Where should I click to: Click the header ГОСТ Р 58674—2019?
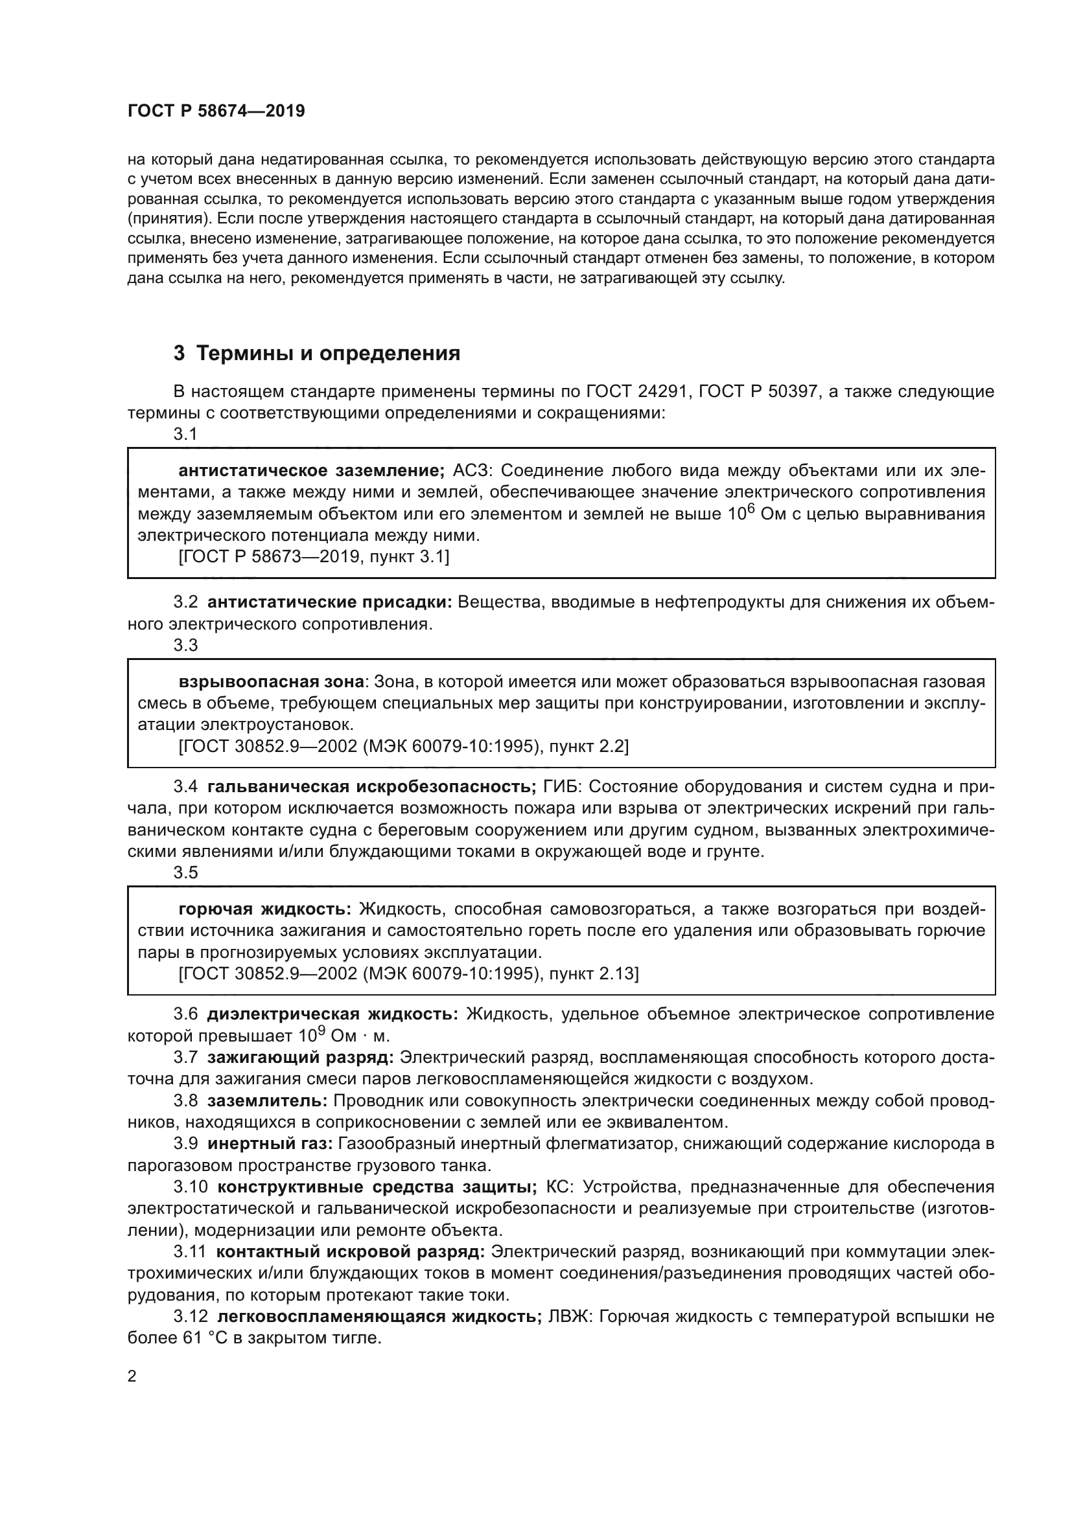(x=216, y=111)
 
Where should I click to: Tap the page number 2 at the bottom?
(x=132, y=1376)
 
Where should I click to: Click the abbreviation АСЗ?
(x=473, y=470)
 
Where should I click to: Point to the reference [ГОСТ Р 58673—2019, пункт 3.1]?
(x=314, y=557)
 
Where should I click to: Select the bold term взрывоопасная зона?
(x=272, y=681)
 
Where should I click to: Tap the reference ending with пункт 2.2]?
(x=403, y=746)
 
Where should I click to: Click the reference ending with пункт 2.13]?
(x=408, y=974)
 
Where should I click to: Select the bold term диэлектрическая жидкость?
(x=332, y=1014)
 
